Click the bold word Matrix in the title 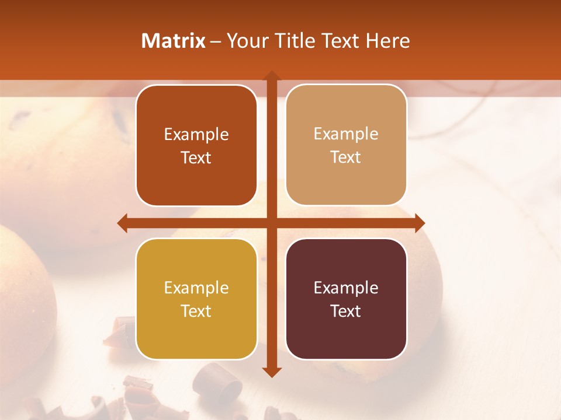(174, 41)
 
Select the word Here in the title (388, 41)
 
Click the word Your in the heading (245, 41)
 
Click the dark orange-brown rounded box (196, 146)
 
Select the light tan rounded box (346, 145)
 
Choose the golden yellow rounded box (196, 299)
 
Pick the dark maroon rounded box (346, 299)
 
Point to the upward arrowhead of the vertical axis (271, 76)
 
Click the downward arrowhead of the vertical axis (271, 372)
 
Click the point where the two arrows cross (271, 223)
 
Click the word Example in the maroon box (346, 288)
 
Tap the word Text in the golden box (196, 311)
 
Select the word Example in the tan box (346, 134)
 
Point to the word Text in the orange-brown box (196, 157)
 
